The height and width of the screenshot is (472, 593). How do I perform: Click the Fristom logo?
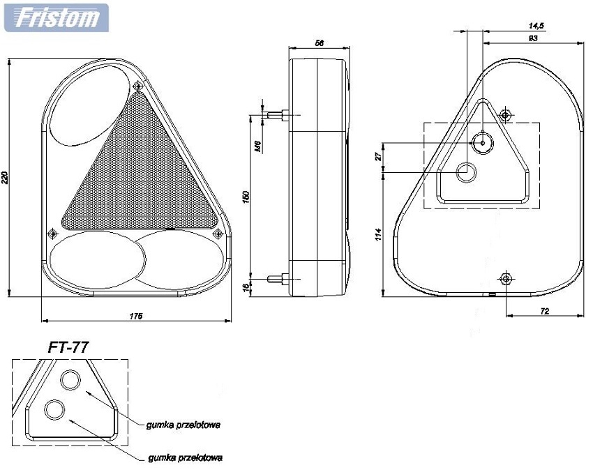(x=57, y=17)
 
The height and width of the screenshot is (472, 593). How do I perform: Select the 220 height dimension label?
(x=6, y=178)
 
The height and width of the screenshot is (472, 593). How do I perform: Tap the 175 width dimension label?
(x=136, y=317)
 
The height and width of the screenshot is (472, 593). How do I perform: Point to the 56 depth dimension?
(x=319, y=43)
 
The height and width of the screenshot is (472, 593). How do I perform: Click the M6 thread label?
(x=257, y=146)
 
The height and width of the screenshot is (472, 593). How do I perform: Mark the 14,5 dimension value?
(x=536, y=25)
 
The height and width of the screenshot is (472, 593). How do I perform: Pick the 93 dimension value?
(x=532, y=39)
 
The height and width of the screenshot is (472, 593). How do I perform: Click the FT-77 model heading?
(x=68, y=347)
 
